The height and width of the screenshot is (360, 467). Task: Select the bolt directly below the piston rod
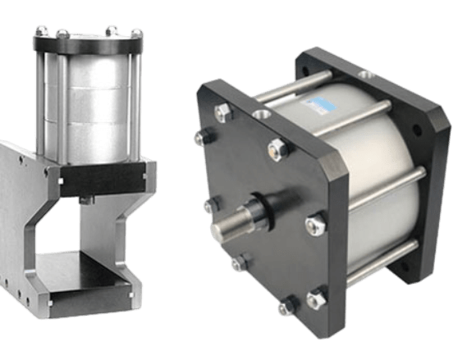pos(239,264)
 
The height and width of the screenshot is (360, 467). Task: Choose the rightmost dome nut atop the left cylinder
pos(137,34)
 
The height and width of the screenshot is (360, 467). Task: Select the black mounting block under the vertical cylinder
pos(90,173)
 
